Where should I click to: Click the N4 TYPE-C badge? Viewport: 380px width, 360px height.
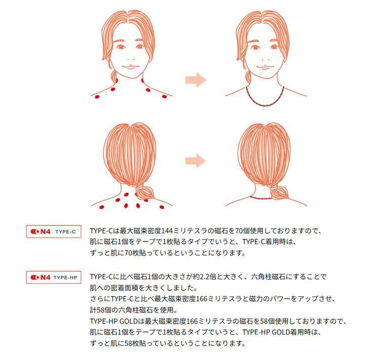[54, 231]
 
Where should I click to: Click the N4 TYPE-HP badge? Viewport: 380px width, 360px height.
[54, 277]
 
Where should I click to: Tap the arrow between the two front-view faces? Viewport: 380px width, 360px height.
[196, 80]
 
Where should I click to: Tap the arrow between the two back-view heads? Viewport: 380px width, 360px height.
[196, 161]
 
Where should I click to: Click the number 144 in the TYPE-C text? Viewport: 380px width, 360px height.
[167, 231]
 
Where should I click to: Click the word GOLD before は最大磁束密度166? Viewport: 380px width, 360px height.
[129, 321]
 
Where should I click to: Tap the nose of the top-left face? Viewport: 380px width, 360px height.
[130, 59]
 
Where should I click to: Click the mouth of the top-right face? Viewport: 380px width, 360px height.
[265, 67]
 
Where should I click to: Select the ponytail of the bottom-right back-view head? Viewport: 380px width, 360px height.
[279, 192]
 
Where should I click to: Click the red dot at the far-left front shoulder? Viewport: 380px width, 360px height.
[97, 97]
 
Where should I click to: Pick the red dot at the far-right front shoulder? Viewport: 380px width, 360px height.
[164, 96]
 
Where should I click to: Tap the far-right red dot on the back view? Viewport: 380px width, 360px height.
[162, 207]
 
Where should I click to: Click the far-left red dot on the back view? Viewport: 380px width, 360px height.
[102, 207]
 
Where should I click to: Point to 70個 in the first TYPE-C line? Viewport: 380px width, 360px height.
[242, 231]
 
